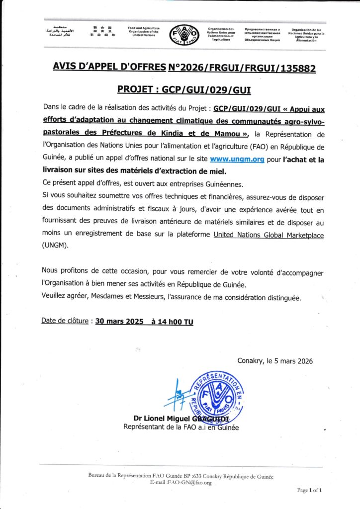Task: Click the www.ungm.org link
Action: tap(236, 160)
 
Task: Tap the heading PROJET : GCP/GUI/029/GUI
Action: tap(184, 89)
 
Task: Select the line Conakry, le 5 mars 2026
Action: tap(275, 361)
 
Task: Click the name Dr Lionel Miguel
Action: tap(164, 418)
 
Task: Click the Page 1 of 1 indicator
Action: tap(310, 490)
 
